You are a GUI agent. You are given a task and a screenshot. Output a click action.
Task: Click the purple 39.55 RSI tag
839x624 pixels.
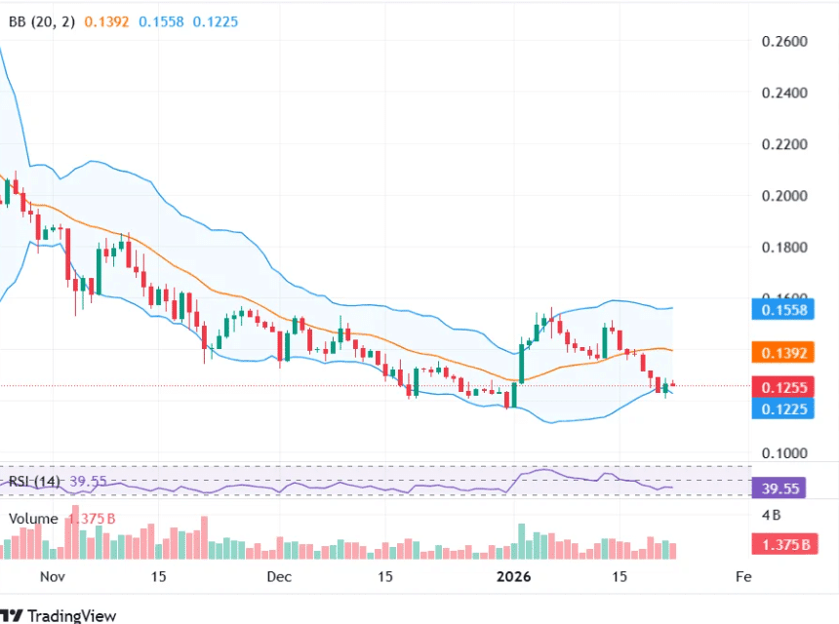[778, 487]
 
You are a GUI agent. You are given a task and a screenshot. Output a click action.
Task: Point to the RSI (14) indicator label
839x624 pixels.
[35, 482]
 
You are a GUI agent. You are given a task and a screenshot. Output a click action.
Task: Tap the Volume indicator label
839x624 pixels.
[33, 519]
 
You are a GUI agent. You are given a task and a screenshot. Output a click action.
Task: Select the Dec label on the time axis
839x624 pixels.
[279, 576]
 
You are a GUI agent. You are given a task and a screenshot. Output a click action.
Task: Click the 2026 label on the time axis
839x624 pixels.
[513, 576]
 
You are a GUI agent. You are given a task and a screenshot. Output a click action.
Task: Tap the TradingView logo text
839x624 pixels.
[71, 615]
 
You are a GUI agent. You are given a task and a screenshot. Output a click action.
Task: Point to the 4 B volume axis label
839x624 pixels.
[772, 514]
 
